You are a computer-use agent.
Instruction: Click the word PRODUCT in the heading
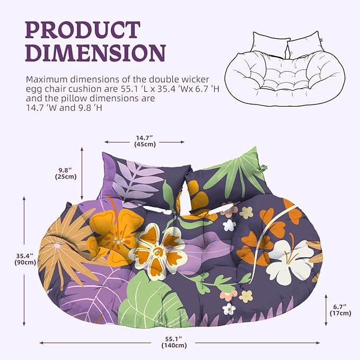[x=83, y=31]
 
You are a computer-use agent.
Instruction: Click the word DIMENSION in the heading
[x=95, y=54]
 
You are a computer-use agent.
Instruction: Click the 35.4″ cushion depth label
[x=25, y=255]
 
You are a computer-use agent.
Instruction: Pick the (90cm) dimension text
[x=25, y=262]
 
